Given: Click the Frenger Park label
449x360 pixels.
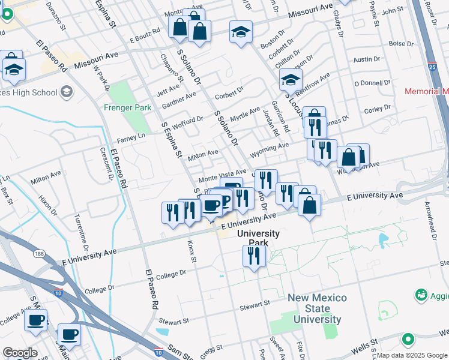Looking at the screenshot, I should tap(125, 109).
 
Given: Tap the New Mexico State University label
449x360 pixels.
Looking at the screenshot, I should tap(317, 308).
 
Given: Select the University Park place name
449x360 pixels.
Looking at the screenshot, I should tap(258, 238).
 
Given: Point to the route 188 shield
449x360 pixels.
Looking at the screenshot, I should tap(38, 253).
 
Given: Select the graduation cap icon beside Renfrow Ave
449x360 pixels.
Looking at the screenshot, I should tap(291, 79).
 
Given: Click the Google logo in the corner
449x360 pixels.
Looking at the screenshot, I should tap(20, 352).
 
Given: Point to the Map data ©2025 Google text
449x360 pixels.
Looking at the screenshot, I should tap(412, 355).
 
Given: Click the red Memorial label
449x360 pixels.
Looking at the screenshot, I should tap(426, 91).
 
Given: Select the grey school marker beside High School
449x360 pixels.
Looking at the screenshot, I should tap(66, 92).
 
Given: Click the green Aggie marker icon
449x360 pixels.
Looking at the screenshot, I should tap(421, 295).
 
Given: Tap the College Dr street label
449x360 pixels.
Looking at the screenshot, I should tap(172, 274).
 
